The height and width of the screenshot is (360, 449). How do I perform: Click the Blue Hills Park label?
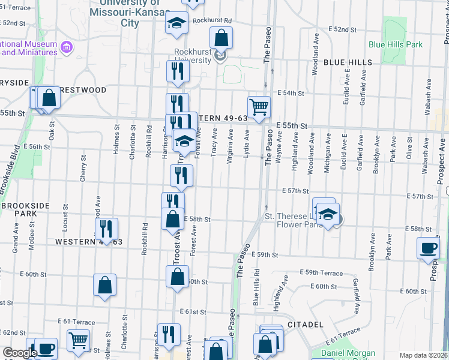click(x=396, y=44)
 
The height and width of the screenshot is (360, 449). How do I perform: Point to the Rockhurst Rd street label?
click(x=212, y=20)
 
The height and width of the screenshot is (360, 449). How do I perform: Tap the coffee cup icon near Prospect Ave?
click(x=429, y=248)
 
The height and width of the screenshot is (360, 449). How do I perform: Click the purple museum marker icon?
click(x=67, y=46)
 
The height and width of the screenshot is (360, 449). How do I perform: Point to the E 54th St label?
click(x=291, y=93)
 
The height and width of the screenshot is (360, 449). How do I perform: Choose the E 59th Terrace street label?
click(x=323, y=272)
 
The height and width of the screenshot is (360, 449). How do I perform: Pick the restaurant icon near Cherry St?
click(x=106, y=228)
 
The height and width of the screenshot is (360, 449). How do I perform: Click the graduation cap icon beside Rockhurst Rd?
click(x=177, y=23)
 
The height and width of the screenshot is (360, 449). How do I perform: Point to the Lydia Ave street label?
click(x=246, y=147)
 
